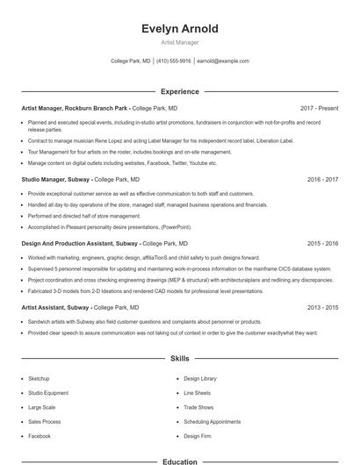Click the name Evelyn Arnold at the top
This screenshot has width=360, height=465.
click(180, 29)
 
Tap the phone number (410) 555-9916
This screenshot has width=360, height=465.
click(175, 61)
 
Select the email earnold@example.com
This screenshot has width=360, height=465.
click(223, 61)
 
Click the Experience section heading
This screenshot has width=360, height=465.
click(180, 91)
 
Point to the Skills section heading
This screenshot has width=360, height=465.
click(180, 359)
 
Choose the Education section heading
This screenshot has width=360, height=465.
click(180, 461)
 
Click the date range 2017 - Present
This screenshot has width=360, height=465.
click(319, 108)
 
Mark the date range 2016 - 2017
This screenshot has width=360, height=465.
click(322, 179)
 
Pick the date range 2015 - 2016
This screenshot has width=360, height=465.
click(322, 243)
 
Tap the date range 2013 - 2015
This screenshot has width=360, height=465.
click(322, 308)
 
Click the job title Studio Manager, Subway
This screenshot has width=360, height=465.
click(55, 179)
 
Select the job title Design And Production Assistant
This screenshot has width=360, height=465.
click(67, 243)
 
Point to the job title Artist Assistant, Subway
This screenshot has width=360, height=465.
click(56, 308)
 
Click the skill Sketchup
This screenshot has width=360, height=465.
click(39, 378)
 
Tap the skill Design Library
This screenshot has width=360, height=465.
click(200, 378)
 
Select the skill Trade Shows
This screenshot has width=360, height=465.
click(198, 407)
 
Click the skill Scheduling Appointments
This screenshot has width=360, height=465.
click(212, 421)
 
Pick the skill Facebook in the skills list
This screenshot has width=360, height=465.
click(40, 435)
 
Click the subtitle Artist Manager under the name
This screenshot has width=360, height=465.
click(180, 42)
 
